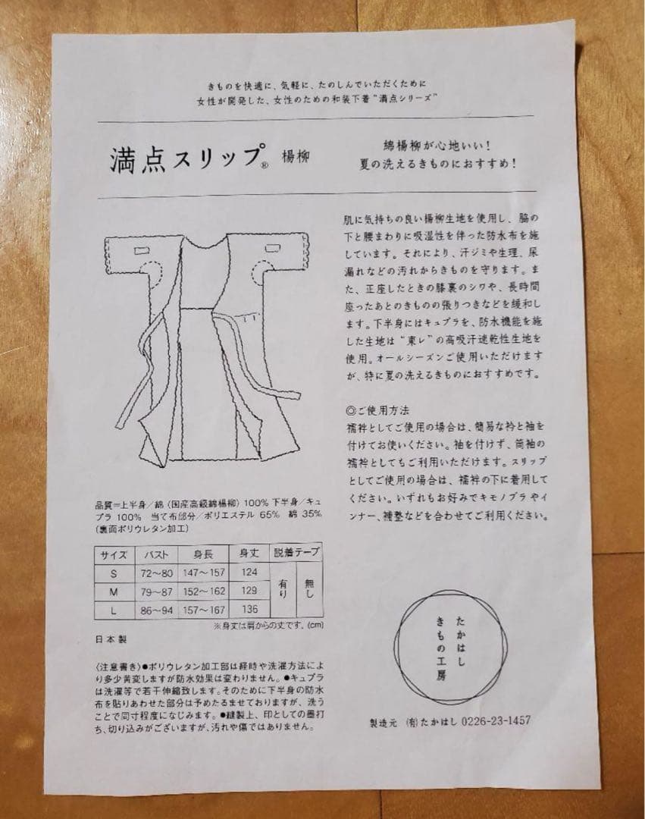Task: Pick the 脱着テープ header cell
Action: pyautogui.click(x=297, y=553)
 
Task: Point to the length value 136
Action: pyautogui.click(x=250, y=609)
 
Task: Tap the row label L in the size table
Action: pyautogui.click(x=114, y=609)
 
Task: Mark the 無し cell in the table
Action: pyautogui.click(x=309, y=589)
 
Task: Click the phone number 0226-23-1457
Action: pyautogui.click(x=493, y=720)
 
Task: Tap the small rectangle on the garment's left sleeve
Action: pyautogui.click(x=143, y=250)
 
